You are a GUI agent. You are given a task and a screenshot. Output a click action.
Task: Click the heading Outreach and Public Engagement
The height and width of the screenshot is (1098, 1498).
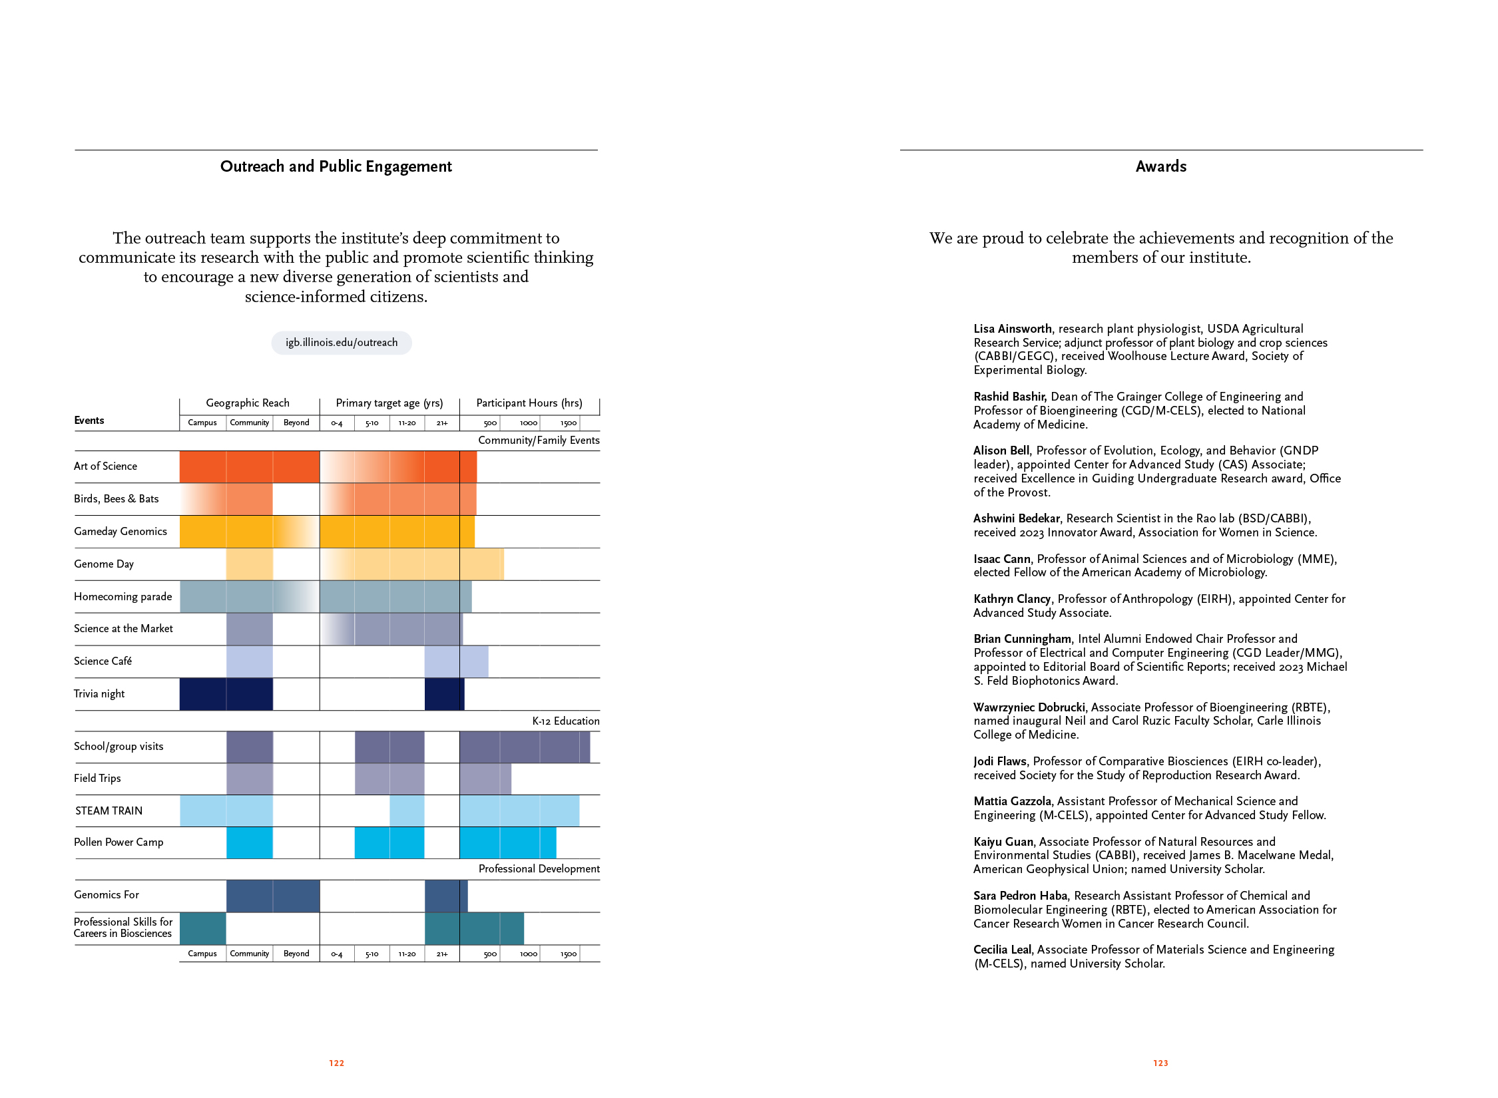click(x=336, y=166)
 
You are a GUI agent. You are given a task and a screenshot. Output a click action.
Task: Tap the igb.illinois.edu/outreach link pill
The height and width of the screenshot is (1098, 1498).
click(x=342, y=343)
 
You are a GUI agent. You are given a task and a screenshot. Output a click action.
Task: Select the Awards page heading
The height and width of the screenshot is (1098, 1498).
click(x=1160, y=166)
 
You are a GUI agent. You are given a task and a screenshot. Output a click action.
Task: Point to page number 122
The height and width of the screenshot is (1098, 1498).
click(x=336, y=1063)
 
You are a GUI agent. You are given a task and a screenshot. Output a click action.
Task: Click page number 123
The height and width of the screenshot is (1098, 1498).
click(x=1160, y=1063)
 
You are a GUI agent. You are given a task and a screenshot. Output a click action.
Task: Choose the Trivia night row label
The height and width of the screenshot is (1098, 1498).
click(x=99, y=694)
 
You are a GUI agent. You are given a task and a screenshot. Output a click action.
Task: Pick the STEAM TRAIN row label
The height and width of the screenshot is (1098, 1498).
click(x=109, y=811)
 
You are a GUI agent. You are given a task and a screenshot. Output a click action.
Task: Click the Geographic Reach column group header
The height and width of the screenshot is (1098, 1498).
click(x=248, y=403)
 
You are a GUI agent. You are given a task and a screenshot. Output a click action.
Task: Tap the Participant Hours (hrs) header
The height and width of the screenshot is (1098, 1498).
click(x=529, y=403)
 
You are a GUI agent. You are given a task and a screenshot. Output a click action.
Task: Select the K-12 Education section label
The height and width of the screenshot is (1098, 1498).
click(x=565, y=721)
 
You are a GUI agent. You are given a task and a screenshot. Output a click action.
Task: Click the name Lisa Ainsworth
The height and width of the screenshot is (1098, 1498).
click(x=1013, y=329)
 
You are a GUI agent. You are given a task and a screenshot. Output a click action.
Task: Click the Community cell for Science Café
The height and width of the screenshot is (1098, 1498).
click(x=250, y=661)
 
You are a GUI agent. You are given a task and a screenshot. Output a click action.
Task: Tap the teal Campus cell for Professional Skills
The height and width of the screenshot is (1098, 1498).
click(x=202, y=928)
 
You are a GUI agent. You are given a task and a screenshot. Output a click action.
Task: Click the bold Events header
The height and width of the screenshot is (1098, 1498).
click(x=89, y=421)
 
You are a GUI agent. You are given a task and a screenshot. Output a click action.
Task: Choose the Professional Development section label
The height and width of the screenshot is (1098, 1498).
click(x=539, y=869)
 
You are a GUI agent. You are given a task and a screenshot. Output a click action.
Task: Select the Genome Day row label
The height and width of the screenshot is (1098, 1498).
click(x=104, y=564)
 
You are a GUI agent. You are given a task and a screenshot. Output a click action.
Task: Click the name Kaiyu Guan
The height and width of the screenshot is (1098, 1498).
click(x=1003, y=842)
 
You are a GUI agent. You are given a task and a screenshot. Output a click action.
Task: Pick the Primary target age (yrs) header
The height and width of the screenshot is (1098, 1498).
click(x=389, y=403)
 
